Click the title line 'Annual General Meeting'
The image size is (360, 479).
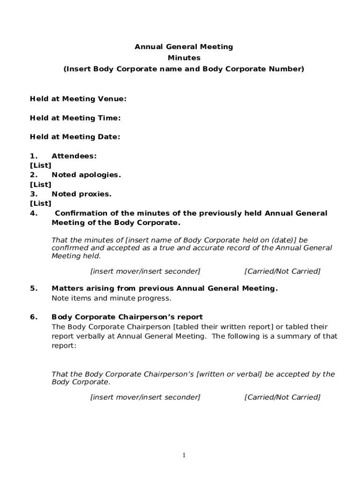tap(184, 47)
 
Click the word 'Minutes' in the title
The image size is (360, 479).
tap(184, 58)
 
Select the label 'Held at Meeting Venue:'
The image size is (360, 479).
tap(78, 99)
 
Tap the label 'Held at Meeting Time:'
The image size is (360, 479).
tap(75, 118)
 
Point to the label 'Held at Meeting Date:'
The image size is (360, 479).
tap(75, 137)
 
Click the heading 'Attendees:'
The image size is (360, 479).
tap(74, 156)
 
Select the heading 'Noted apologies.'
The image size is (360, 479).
tap(86, 174)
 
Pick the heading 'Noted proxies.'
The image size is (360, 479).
tap(81, 194)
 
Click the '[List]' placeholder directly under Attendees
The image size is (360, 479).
tap(41, 165)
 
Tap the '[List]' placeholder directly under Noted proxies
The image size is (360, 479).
tap(41, 203)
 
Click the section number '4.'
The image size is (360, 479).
tap(34, 213)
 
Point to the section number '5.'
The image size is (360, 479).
tap(34, 288)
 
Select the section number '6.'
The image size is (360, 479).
tap(34, 317)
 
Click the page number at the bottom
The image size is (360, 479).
tap(184, 455)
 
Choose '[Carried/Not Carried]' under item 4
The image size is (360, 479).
tap(282, 271)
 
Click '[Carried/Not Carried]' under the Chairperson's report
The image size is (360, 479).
tap(282, 397)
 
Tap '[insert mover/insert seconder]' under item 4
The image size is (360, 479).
tap(145, 271)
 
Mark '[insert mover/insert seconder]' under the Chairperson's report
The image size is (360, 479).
tap(145, 397)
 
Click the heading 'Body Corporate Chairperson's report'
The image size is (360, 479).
tap(127, 317)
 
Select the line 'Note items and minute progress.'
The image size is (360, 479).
tap(111, 298)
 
